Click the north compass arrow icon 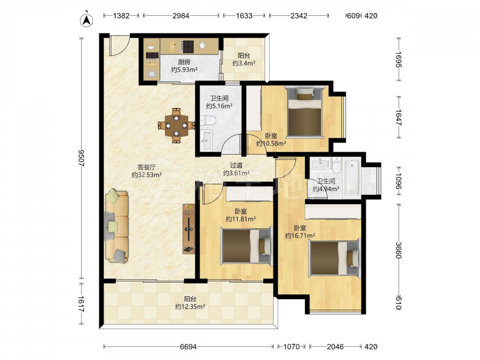(87, 20)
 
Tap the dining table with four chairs (176, 125)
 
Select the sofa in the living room (116, 226)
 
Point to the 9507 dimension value (82, 158)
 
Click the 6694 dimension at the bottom (188, 347)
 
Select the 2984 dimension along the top (181, 16)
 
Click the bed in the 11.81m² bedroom (247, 246)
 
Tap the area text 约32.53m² (146, 175)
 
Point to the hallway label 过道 (236, 165)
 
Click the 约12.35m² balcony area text (190, 306)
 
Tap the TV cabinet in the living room (189, 228)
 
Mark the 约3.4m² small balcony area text (244, 63)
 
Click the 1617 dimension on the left (82, 304)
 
